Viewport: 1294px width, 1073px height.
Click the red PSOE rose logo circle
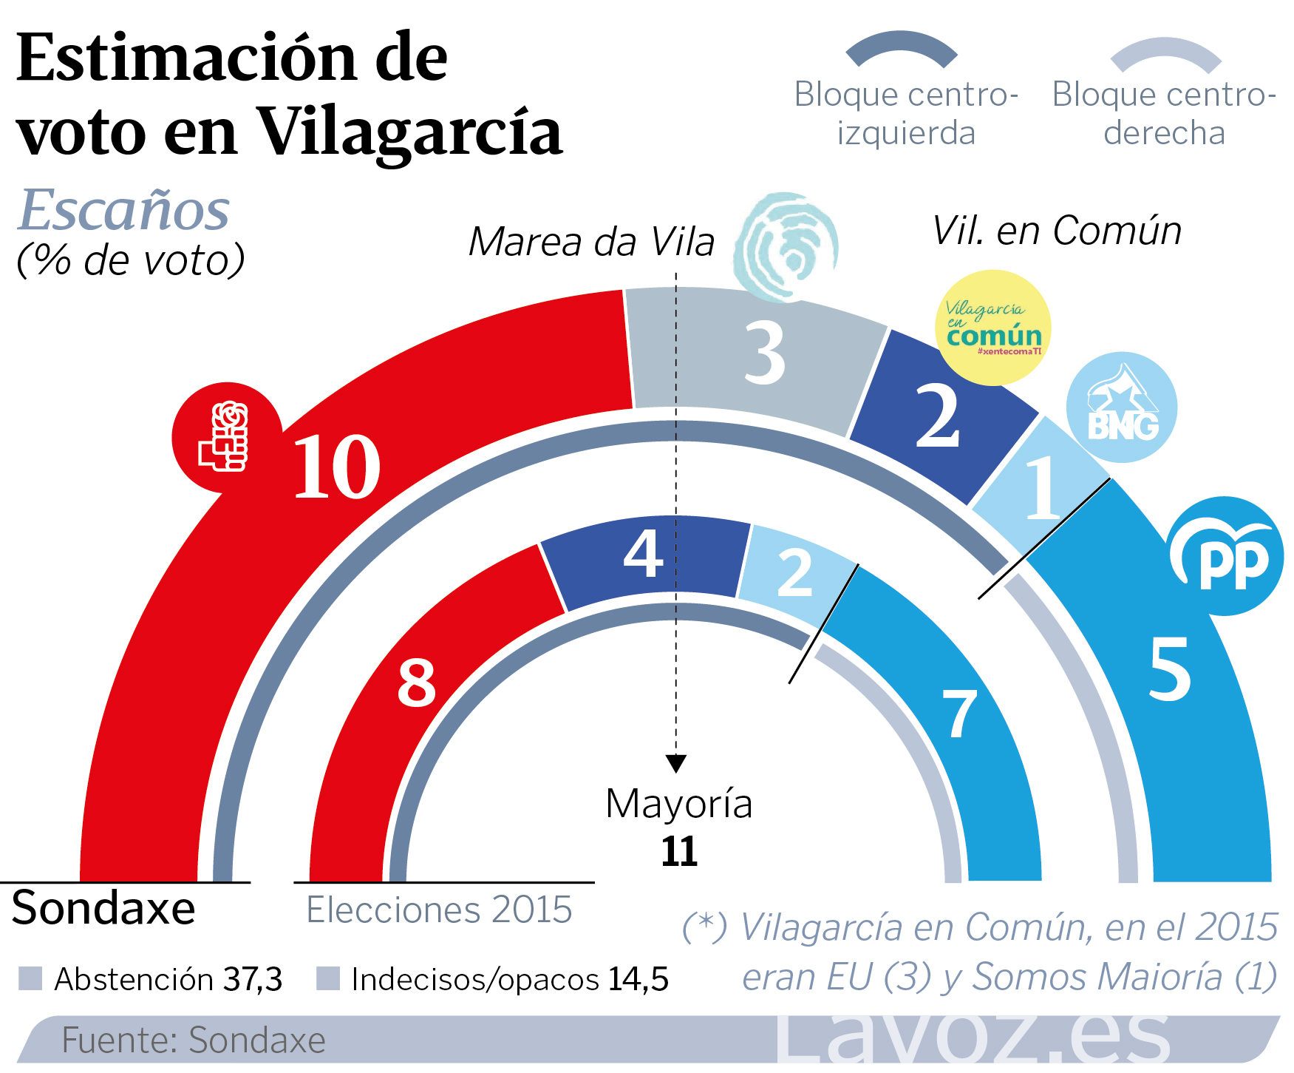pos(227,437)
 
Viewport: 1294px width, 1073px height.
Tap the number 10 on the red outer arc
pos(336,467)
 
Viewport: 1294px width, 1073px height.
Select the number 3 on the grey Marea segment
pos(764,354)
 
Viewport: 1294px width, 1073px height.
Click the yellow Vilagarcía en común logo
pos(993,328)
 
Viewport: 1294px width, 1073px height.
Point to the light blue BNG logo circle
pos(1121,407)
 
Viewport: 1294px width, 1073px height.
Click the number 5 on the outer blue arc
pos(1169,669)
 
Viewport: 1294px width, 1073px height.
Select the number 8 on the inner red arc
pos(417,683)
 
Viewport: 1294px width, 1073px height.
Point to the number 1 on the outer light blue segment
pos(1042,488)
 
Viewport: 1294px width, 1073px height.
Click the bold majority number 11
pos(679,852)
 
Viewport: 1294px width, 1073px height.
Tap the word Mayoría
pos(678,804)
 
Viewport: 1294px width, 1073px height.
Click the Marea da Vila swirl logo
pos(786,247)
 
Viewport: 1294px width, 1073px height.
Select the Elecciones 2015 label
pos(439,910)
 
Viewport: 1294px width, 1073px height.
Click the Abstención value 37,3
pos(253,979)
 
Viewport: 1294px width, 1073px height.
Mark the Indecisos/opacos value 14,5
pos(639,979)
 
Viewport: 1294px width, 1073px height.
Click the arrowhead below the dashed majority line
pos(675,763)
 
